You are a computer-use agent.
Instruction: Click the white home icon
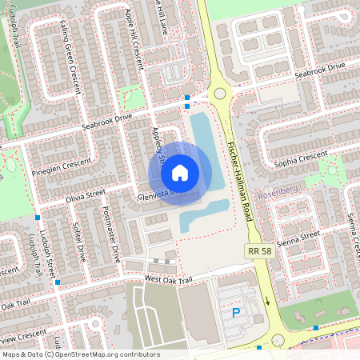[x=180, y=172]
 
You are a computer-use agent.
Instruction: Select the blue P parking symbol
[x=236, y=313]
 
